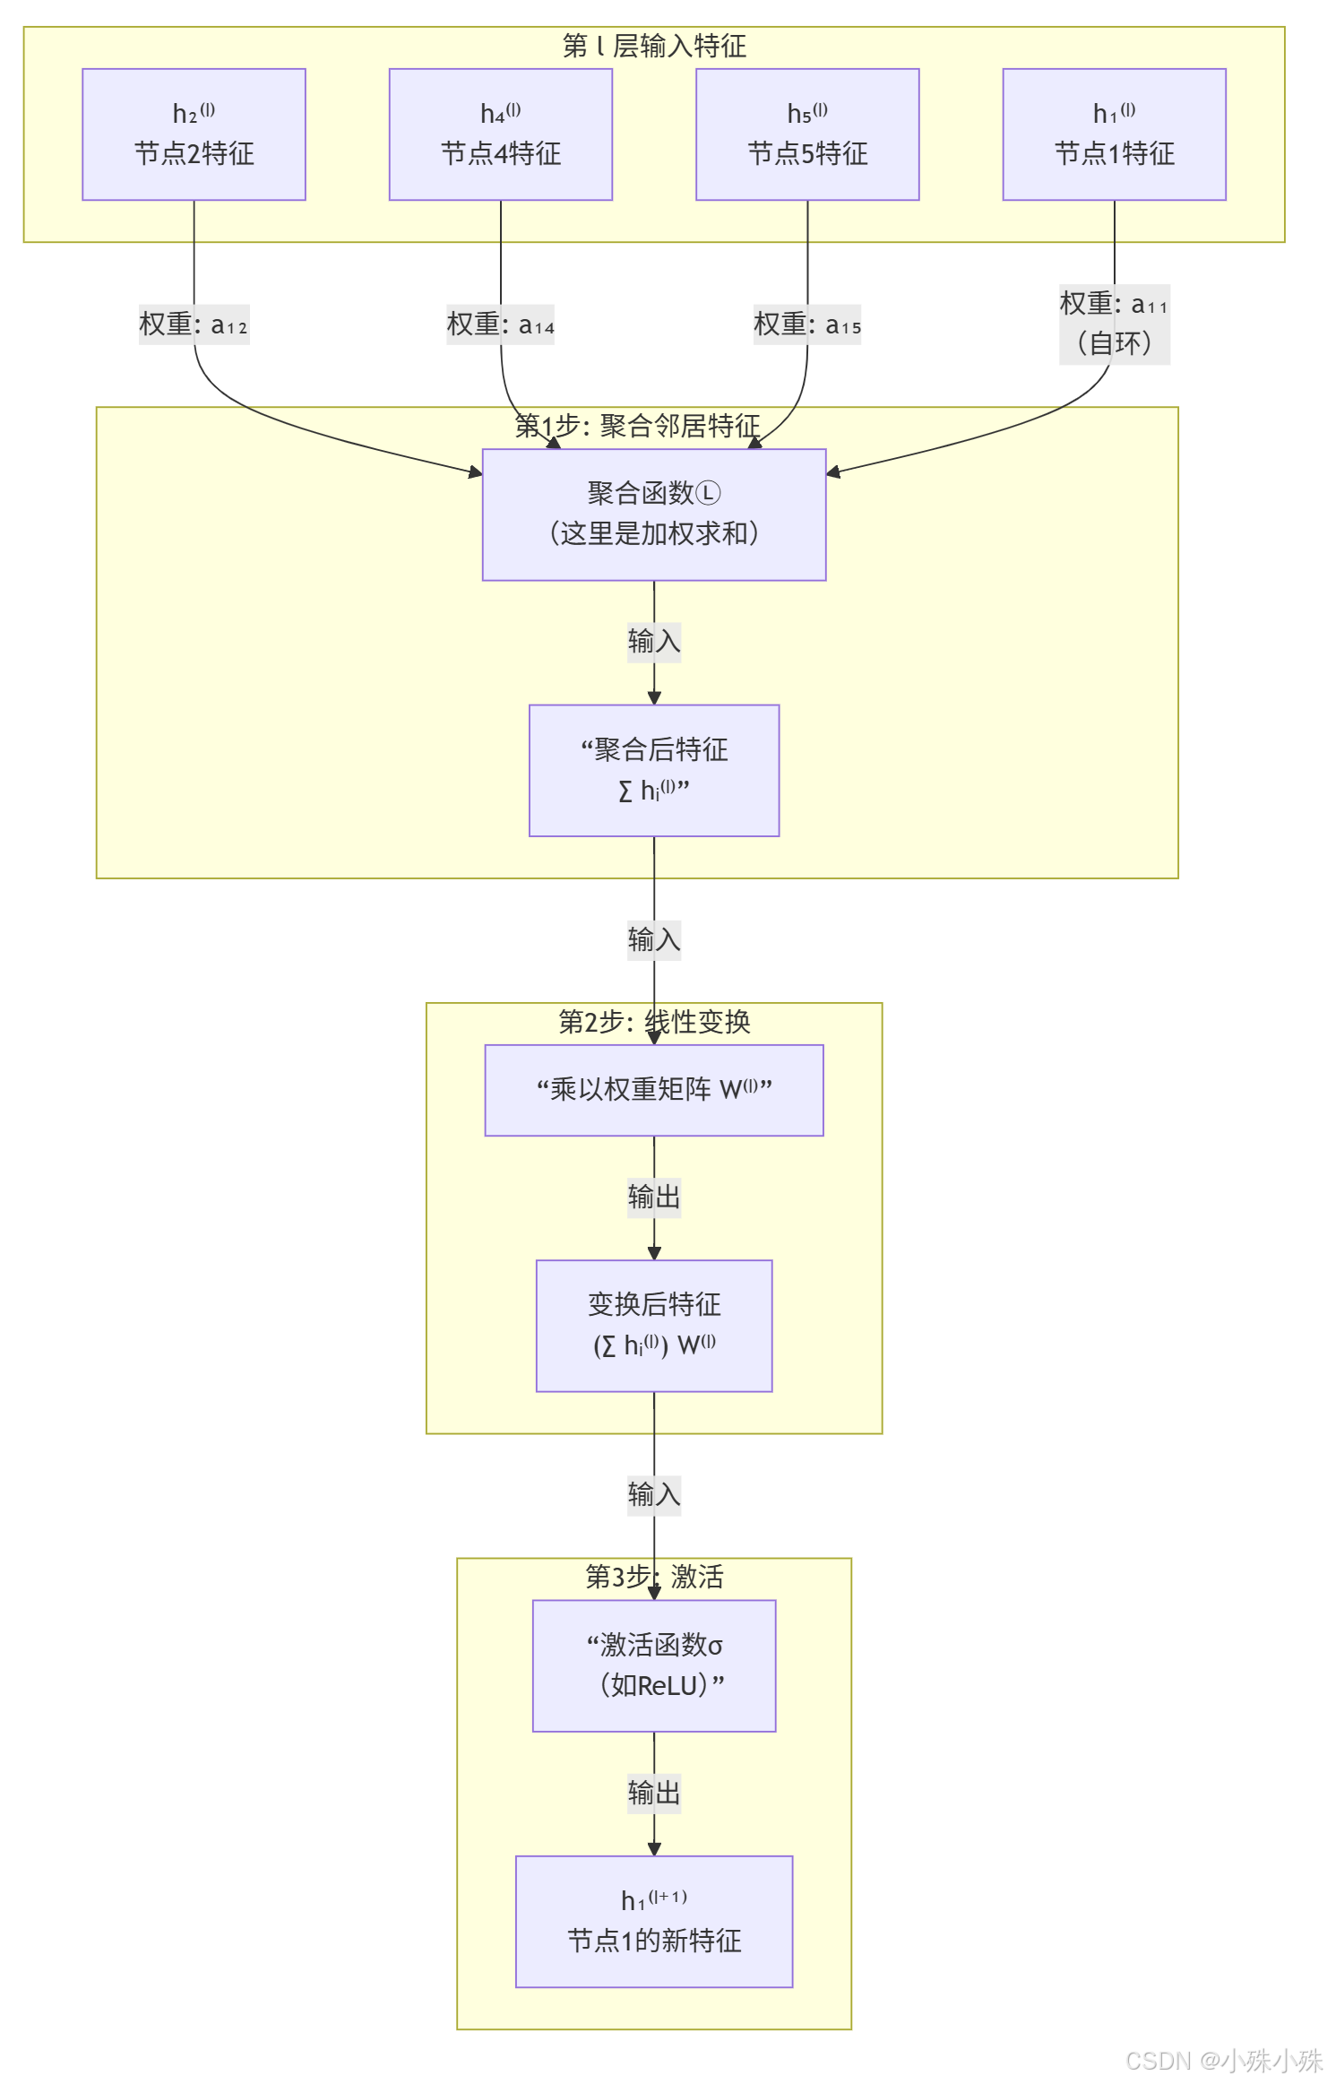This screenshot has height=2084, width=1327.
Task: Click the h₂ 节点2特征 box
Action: coord(194,134)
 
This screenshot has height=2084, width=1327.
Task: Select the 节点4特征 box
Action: coord(500,134)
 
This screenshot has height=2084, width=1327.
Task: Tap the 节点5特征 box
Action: coord(807,134)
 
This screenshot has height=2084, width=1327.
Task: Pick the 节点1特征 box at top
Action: coord(1114,134)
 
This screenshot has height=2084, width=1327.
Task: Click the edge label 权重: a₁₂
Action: coord(194,324)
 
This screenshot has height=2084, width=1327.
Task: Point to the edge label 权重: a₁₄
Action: coord(500,324)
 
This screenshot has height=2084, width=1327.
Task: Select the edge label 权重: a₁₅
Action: coord(807,324)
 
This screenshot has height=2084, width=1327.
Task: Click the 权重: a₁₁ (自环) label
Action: coord(1114,324)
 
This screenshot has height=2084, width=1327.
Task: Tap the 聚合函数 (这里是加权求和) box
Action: coord(654,515)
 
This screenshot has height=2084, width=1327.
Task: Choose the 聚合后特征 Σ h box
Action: coord(654,770)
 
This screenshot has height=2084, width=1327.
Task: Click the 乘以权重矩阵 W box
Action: coord(654,1090)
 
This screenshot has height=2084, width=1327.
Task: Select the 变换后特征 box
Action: coord(654,1326)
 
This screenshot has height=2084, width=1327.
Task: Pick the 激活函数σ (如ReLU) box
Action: coord(654,1665)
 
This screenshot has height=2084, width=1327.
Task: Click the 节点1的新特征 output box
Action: coord(654,1922)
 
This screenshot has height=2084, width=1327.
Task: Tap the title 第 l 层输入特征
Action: coord(654,46)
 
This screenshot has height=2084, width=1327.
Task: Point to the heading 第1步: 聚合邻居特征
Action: coord(637,426)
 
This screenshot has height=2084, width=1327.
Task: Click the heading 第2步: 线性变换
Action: coord(654,1022)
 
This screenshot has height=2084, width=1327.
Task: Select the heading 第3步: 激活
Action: coord(654,1577)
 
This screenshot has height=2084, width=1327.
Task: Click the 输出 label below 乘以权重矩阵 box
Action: coord(654,1198)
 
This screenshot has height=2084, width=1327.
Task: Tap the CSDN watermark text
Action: coord(1222,2061)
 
